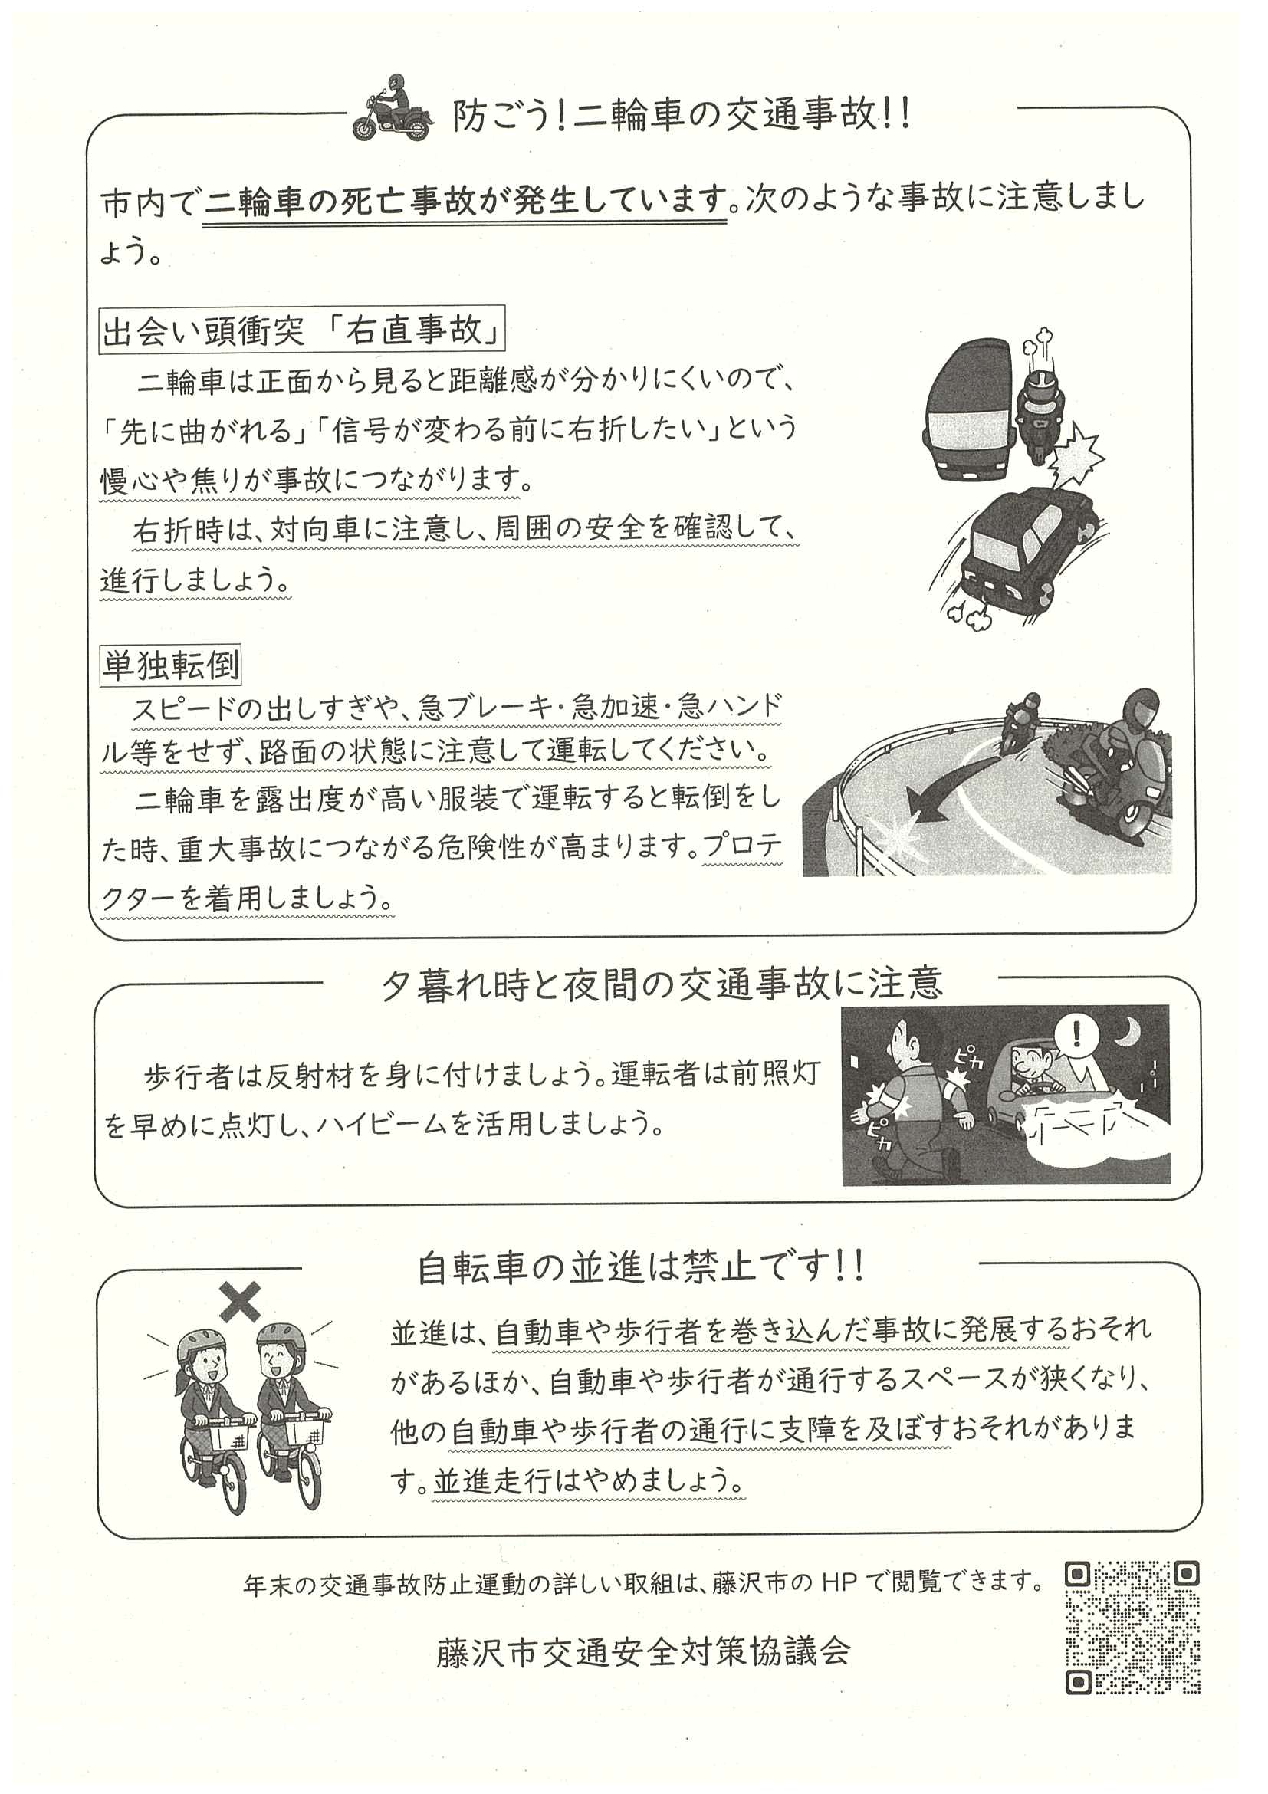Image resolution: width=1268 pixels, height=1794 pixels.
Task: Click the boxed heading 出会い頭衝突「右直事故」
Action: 302,330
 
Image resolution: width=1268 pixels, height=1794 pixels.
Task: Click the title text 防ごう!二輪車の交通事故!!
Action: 682,115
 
